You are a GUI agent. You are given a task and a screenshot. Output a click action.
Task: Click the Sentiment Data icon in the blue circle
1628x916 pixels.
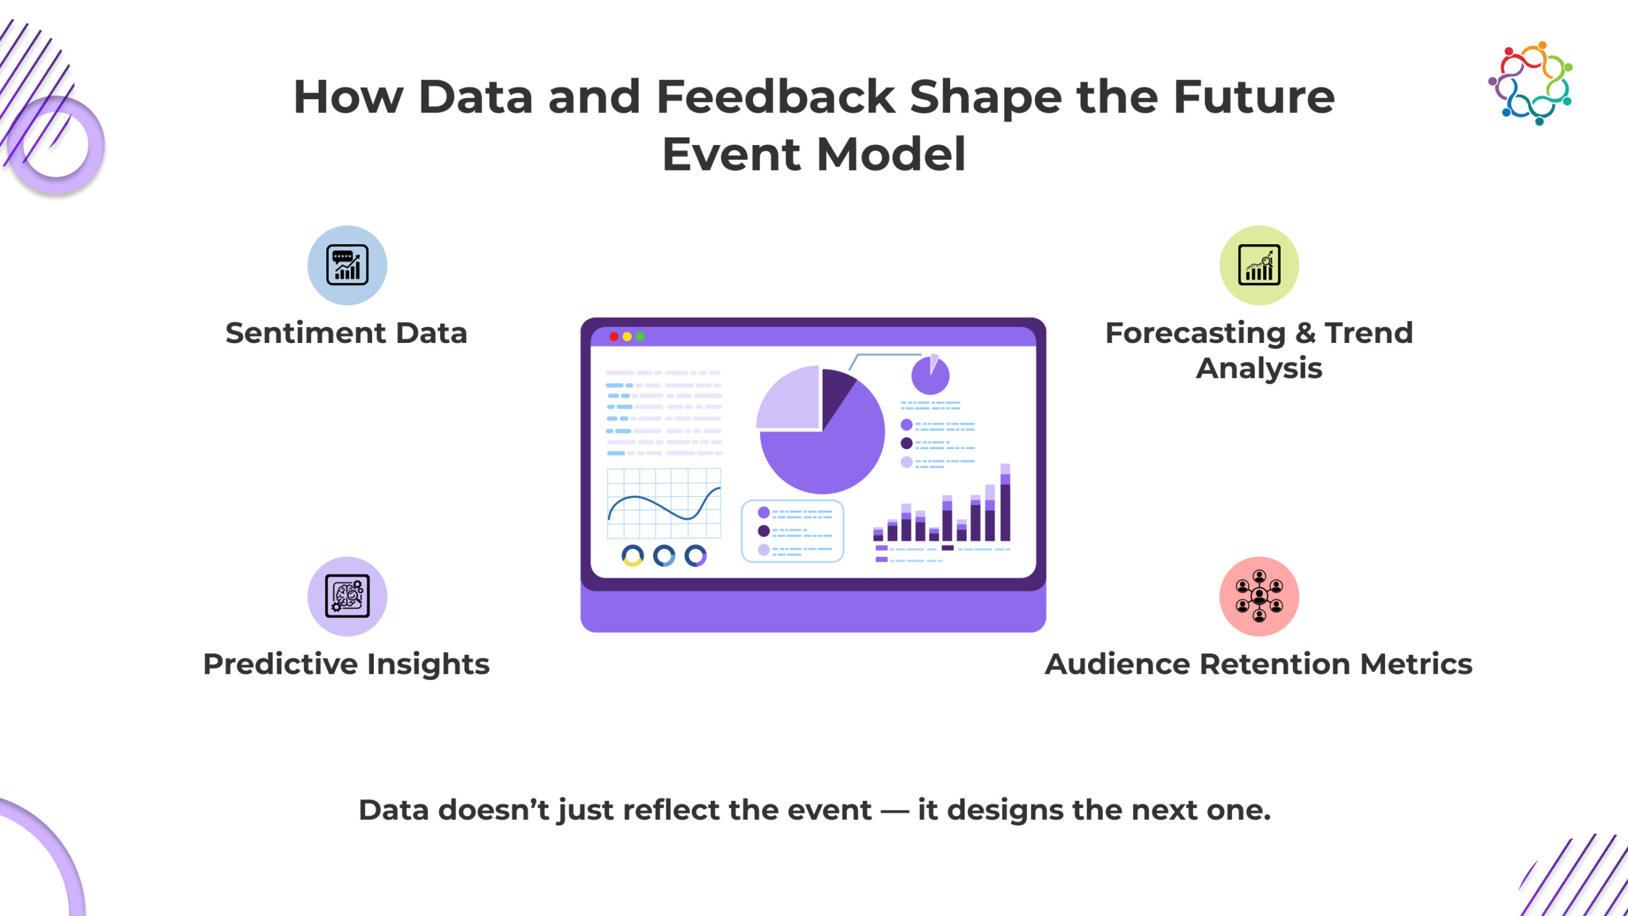pos(347,265)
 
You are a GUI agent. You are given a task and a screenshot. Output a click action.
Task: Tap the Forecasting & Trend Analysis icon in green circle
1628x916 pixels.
pos(1259,265)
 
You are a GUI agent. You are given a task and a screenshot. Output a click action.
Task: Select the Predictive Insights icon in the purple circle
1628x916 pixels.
pos(347,596)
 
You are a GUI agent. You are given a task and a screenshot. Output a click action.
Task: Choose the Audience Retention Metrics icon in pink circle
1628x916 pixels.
pos(1259,596)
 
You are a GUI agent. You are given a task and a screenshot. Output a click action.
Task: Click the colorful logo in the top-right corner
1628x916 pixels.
pos(1531,83)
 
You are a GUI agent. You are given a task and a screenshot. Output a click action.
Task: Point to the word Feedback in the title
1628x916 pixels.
pos(775,97)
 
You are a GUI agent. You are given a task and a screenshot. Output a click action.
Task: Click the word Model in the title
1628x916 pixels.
pos(890,155)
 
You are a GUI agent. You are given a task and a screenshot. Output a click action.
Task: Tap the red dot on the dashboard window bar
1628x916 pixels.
pos(614,337)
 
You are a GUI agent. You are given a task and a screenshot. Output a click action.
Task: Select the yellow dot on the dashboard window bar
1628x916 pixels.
pos(627,337)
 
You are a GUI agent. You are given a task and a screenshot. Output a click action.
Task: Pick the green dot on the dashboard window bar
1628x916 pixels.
pos(640,337)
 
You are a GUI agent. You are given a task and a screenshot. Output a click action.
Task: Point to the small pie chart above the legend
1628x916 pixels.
pos(930,375)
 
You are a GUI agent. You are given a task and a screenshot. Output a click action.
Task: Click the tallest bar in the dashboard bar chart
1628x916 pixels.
pos(1005,503)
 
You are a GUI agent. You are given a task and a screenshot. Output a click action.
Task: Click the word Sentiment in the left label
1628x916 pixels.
pos(306,333)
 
